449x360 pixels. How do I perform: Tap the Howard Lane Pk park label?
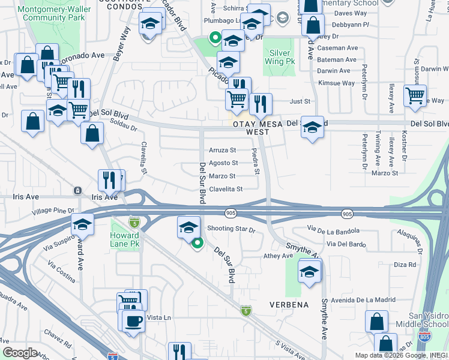coord(125,240)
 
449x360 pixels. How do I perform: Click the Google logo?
coord(20,352)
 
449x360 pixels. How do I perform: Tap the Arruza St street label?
coord(222,150)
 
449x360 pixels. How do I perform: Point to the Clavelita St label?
coord(225,189)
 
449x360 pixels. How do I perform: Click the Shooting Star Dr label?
coord(231,229)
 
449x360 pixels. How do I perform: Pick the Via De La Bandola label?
coord(333,230)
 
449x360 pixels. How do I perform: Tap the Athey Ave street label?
coord(277,256)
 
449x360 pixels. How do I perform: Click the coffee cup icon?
coord(133,321)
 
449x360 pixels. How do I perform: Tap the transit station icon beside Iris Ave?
coord(77,191)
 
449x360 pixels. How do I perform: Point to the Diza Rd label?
coord(405,265)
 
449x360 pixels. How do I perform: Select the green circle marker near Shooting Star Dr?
coord(196,242)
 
